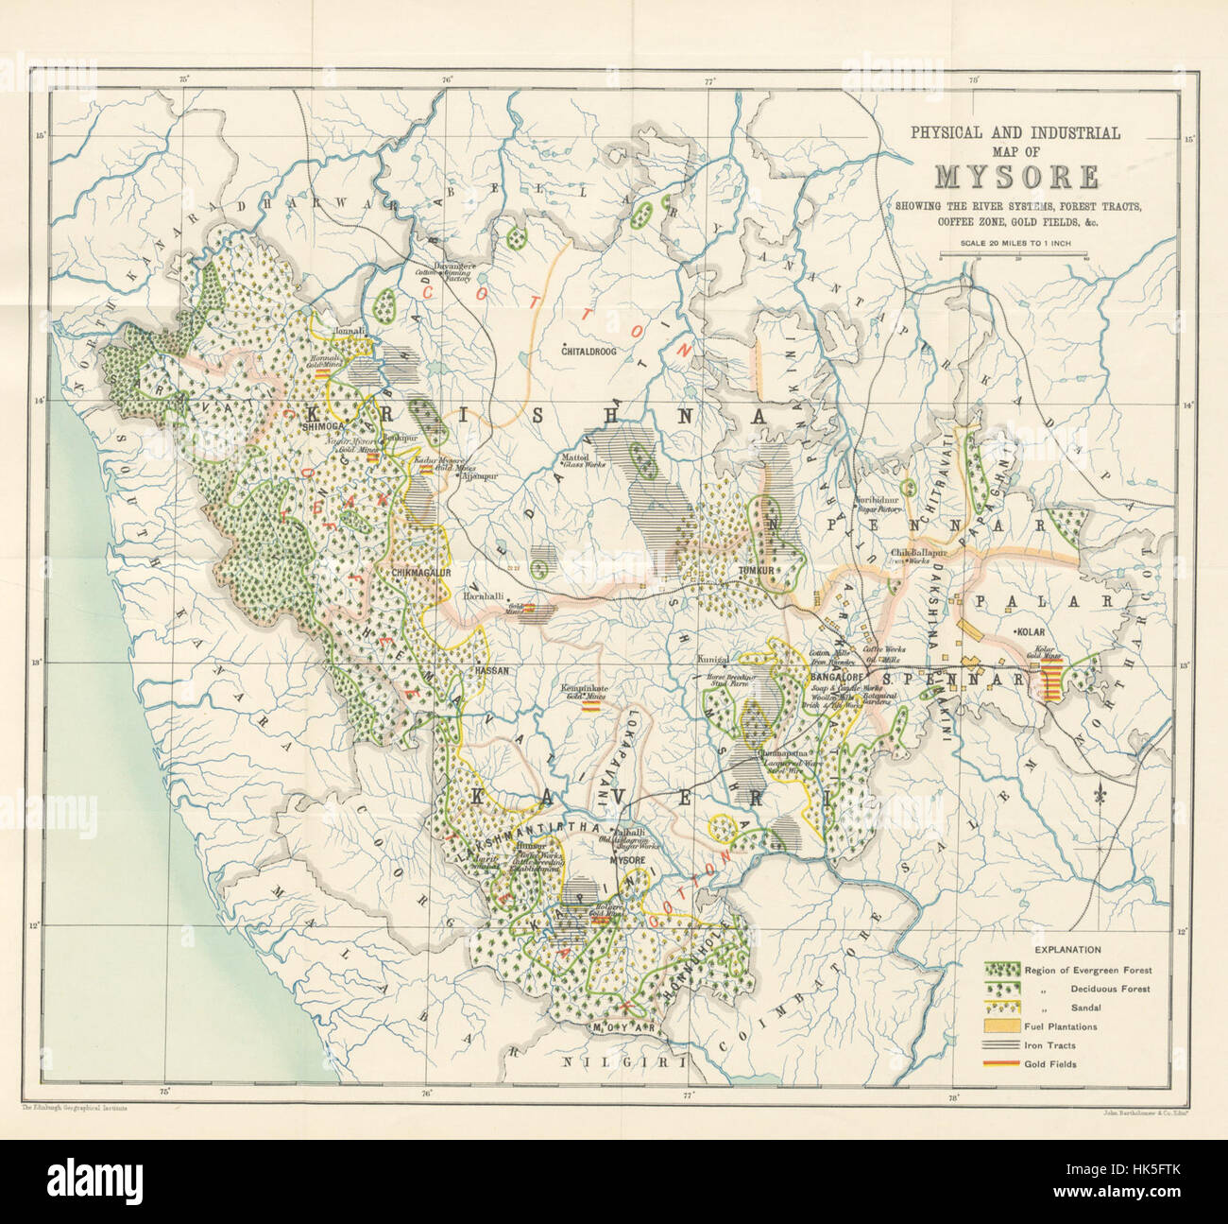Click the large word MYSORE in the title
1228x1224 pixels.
1016,177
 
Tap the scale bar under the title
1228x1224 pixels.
1015,256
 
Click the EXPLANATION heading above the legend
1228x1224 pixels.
1066,949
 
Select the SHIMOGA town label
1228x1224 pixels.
317,427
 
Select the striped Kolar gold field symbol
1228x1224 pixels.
1050,679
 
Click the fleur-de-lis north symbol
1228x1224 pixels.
1098,795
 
